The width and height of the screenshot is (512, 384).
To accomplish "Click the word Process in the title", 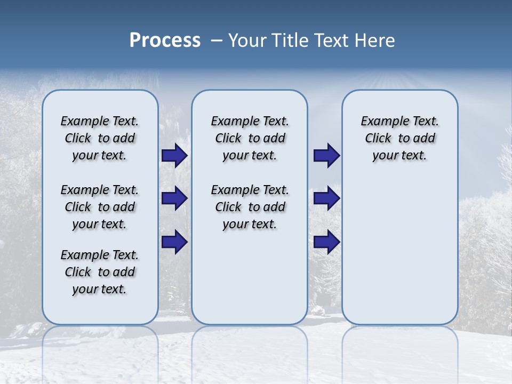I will click(165, 40).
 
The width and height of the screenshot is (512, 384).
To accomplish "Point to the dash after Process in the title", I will click(217, 41).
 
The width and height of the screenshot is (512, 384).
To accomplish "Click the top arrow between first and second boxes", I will click(174, 156).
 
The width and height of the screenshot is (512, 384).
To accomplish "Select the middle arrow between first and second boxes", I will click(174, 198).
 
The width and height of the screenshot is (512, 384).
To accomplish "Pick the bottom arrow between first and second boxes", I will click(174, 242).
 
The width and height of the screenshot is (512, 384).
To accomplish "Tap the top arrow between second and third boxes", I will click(326, 156).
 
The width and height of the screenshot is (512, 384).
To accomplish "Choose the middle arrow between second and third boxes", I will click(326, 198).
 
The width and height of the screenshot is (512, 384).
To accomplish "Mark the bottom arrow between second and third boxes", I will click(326, 242).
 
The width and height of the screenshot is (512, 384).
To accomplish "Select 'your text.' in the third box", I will click(399, 156).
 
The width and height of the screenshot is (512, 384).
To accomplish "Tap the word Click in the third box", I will click(378, 139).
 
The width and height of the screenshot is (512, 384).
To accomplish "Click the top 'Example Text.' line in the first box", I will click(100, 122).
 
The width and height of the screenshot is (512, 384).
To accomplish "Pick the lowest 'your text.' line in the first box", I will click(100, 290).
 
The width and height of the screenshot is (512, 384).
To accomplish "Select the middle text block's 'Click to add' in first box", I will click(100, 207).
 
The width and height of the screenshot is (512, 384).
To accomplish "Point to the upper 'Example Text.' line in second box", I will click(250, 122).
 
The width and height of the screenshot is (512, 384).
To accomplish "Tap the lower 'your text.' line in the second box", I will click(250, 225).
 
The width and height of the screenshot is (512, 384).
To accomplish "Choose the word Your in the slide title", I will click(247, 41).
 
